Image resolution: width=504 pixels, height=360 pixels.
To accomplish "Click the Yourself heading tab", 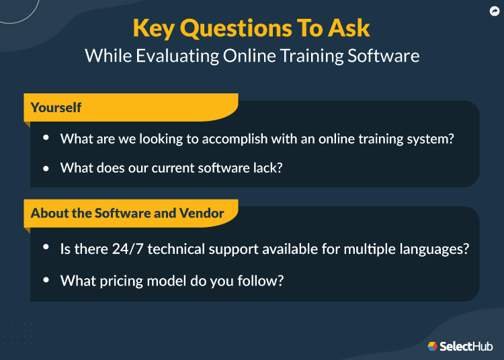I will (56, 107).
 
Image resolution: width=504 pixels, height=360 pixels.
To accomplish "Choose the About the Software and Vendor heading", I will (128, 213).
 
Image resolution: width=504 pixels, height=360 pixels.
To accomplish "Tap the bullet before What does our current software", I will (46, 168).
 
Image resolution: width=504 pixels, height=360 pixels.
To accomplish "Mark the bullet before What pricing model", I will (46, 279).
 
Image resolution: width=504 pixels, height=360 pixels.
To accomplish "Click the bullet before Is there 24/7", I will (46, 248).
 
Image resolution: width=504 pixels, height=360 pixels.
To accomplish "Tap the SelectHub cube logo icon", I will (433, 347).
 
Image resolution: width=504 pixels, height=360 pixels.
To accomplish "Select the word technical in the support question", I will (175, 249).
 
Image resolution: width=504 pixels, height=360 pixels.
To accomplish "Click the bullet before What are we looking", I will (46, 138).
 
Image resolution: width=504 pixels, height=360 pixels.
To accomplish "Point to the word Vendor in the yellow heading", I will (202, 213).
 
